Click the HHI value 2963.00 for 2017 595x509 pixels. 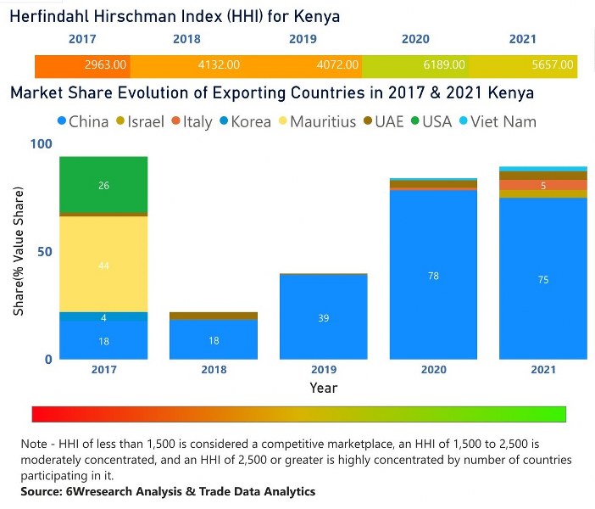click(x=106, y=64)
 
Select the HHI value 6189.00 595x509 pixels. click(x=444, y=64)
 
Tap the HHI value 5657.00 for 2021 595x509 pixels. click(x=553, y=64)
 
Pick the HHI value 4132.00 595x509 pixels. click(x=219, y=64)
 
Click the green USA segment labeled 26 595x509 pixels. click(x=103, y=185)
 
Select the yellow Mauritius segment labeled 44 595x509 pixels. click(x=103, y=265)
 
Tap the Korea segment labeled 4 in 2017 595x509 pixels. click(x=103, y=317)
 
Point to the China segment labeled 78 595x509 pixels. click(x=433, y=276)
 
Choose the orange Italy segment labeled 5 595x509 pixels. click(x=542, y=185)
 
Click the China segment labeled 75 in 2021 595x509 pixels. click(x=542, y=279)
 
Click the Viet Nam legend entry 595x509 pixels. click(x=505, y=121)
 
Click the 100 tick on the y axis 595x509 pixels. click(x=38, y=144)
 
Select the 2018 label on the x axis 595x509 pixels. click(x=214, y=371)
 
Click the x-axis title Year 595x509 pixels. click(x=323, y=388)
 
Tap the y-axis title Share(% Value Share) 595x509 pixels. click(x=19, y=252)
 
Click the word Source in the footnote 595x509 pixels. click(x=42, y=491)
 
